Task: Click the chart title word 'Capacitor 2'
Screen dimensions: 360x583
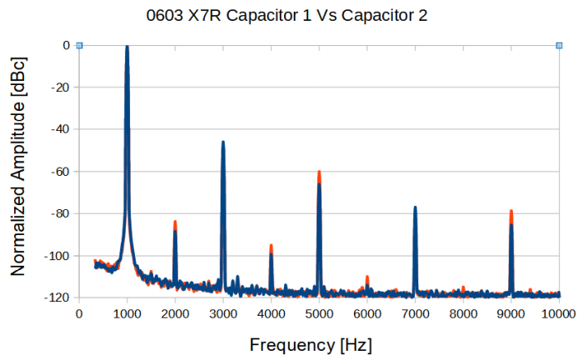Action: pyautogui.click(x=389, y=16)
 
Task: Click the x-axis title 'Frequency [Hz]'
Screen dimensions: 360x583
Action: pyautogui.click(x=311, y=344)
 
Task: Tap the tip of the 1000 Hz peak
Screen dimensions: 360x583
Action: pyautogui.click(x=127, y=47)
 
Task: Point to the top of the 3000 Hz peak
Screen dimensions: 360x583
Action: pyautogui.click(x=223, y=142)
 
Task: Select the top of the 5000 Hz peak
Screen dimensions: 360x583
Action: pyautogui.click(x=319, y=172)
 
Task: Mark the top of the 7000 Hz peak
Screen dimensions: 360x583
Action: pyautogui.click(x=415, y=207)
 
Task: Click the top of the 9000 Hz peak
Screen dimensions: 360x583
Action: pyautogui.click(x=511, y=212)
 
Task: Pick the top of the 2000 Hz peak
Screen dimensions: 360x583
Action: pyautogui.click(x=175, y=222)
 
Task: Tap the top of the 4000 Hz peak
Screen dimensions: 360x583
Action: pyautogui.click(x=271, y=246)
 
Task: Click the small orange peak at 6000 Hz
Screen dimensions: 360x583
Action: pyautogui.click(x=367, y=277)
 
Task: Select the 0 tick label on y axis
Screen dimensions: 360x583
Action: pyautogui.click(x=65, y=46)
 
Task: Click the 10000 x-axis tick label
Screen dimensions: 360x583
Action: pyautogui.click(x=559, y=313)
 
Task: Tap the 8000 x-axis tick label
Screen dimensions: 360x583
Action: pyautogui.click(x=463, y=313)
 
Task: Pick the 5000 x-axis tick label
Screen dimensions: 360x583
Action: pyautogui.click(x=319, y=313)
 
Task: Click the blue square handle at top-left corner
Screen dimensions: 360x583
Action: pyautogui.click(x=79, y=46)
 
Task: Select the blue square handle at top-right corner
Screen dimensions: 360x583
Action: pyautogui.click(x=559, y=46)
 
